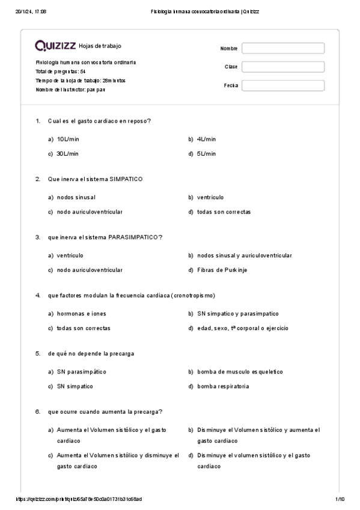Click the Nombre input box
[x=282, y=48]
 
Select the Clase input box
[x=282, y=67]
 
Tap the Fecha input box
[x=282, y=85]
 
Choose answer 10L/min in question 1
[x=68, y=139]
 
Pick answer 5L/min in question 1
[x=206, y=153]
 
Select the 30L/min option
[x=68, y=153]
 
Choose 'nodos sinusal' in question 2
[x=76, y=197]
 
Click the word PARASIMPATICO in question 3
[x=135, y=237]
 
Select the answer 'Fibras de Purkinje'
[x=222, y=270]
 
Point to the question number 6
[x=37, y=411]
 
